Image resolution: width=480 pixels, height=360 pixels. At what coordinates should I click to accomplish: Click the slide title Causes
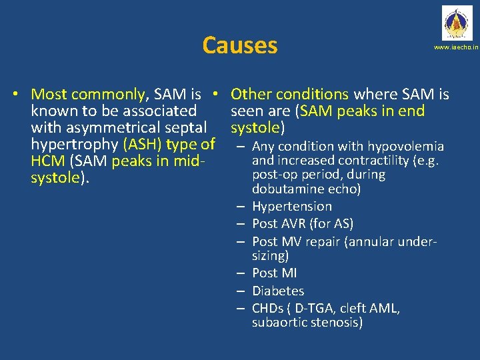(239, 45)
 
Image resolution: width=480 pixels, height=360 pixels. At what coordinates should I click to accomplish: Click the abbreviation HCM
(48, 160)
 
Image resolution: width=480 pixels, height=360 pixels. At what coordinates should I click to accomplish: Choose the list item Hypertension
(291, 207)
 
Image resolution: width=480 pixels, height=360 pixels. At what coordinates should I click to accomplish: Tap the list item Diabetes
(277, 291)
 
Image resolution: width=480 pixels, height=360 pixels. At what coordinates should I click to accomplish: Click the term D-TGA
(312, 308)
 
